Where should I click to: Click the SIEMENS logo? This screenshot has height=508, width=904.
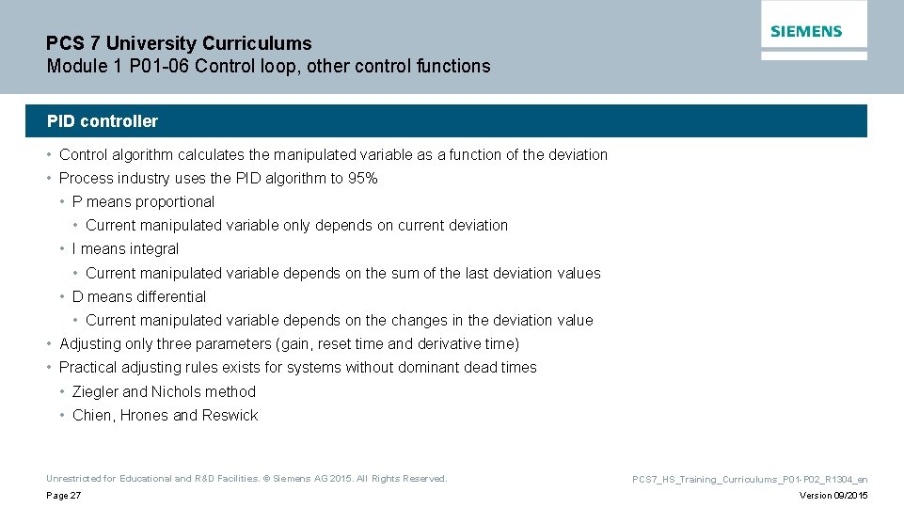pyautogui.click(x=806, y=31)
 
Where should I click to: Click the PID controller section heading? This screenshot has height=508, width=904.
pyautogui.click(x=103, y=121)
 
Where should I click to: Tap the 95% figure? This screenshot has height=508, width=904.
pyautogui.click(x=362, y=179)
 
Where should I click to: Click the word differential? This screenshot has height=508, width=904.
pyautogui.click(x=171, y=297)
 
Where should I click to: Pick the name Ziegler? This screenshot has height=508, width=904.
pyautogui.click(x=95, y=392)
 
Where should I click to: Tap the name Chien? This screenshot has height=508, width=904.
pyautogui.click(x=91, y=416)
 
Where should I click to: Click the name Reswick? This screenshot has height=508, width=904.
pyautogui.click(x=230, y=416)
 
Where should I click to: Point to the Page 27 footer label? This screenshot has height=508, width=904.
pyautogui.click(x=64, y=496)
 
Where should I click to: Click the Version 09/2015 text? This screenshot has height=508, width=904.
pyautogui.click(x=833, y=496)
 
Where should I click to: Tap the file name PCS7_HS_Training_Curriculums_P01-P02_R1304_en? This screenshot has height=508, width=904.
pyautogui.click(x=750, y=480)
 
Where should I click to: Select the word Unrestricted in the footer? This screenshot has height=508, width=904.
pyautogui.click(x=68, y=479)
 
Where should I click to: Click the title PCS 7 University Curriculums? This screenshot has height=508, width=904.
pyautogui.click(x=179, y=43)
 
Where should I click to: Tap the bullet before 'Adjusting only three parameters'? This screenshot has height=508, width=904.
pyautogui.click(x=50, y=344)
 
